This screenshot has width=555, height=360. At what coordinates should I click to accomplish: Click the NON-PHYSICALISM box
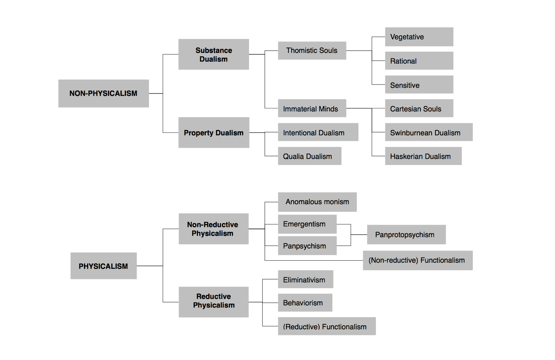103,93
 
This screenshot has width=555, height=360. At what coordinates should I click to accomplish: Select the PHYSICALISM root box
103,266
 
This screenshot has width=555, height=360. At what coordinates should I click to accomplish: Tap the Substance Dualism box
214,54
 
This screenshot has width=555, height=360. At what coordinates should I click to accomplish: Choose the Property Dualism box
214,133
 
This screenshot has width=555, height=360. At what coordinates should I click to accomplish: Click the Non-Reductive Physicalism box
213,229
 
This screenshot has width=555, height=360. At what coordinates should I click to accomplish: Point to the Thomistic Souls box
312,51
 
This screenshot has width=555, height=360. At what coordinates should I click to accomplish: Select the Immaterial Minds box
312,109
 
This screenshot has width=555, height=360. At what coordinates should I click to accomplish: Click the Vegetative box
419,37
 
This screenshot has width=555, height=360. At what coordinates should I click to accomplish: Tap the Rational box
419,61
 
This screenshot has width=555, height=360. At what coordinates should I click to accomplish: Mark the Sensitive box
419,85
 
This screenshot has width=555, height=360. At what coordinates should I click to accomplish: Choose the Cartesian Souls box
419,109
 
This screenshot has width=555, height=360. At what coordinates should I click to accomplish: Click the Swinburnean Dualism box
429,132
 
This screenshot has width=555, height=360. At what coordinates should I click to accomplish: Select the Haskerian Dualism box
423,156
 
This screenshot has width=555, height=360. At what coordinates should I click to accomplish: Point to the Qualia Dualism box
309,156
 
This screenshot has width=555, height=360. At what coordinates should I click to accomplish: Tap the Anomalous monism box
317,202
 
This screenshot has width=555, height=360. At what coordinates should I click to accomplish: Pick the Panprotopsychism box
406,235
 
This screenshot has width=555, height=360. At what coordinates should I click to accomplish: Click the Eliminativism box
305,280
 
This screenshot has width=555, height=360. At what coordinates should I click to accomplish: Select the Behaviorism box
305,303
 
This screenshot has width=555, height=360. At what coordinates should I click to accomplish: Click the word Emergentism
304,224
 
